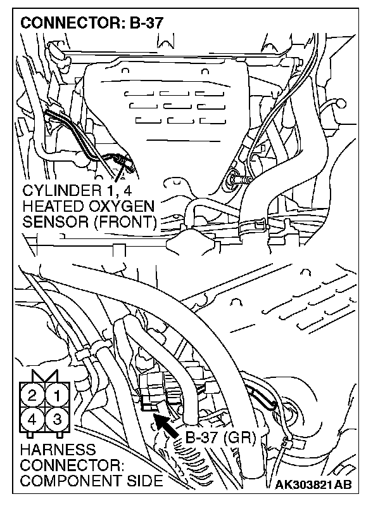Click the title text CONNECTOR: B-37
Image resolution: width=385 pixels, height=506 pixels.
[92, 23]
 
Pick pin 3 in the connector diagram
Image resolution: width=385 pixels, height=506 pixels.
[56, 418]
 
